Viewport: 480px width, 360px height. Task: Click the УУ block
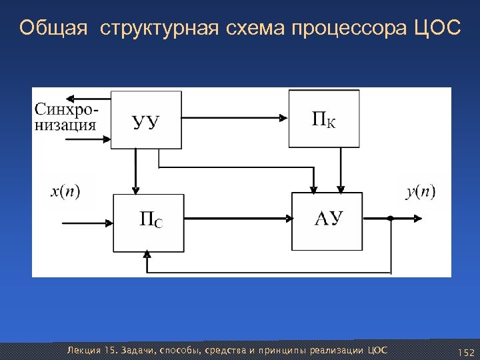[146, 120]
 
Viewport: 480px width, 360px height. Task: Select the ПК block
[323, 119]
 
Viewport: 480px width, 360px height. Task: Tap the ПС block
[148, 223]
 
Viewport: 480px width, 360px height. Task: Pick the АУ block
[327, 221]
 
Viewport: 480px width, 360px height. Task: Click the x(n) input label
[65, 192]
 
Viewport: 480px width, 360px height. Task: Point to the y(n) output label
[420, 192]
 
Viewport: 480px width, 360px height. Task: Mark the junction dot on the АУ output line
[390, 218]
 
